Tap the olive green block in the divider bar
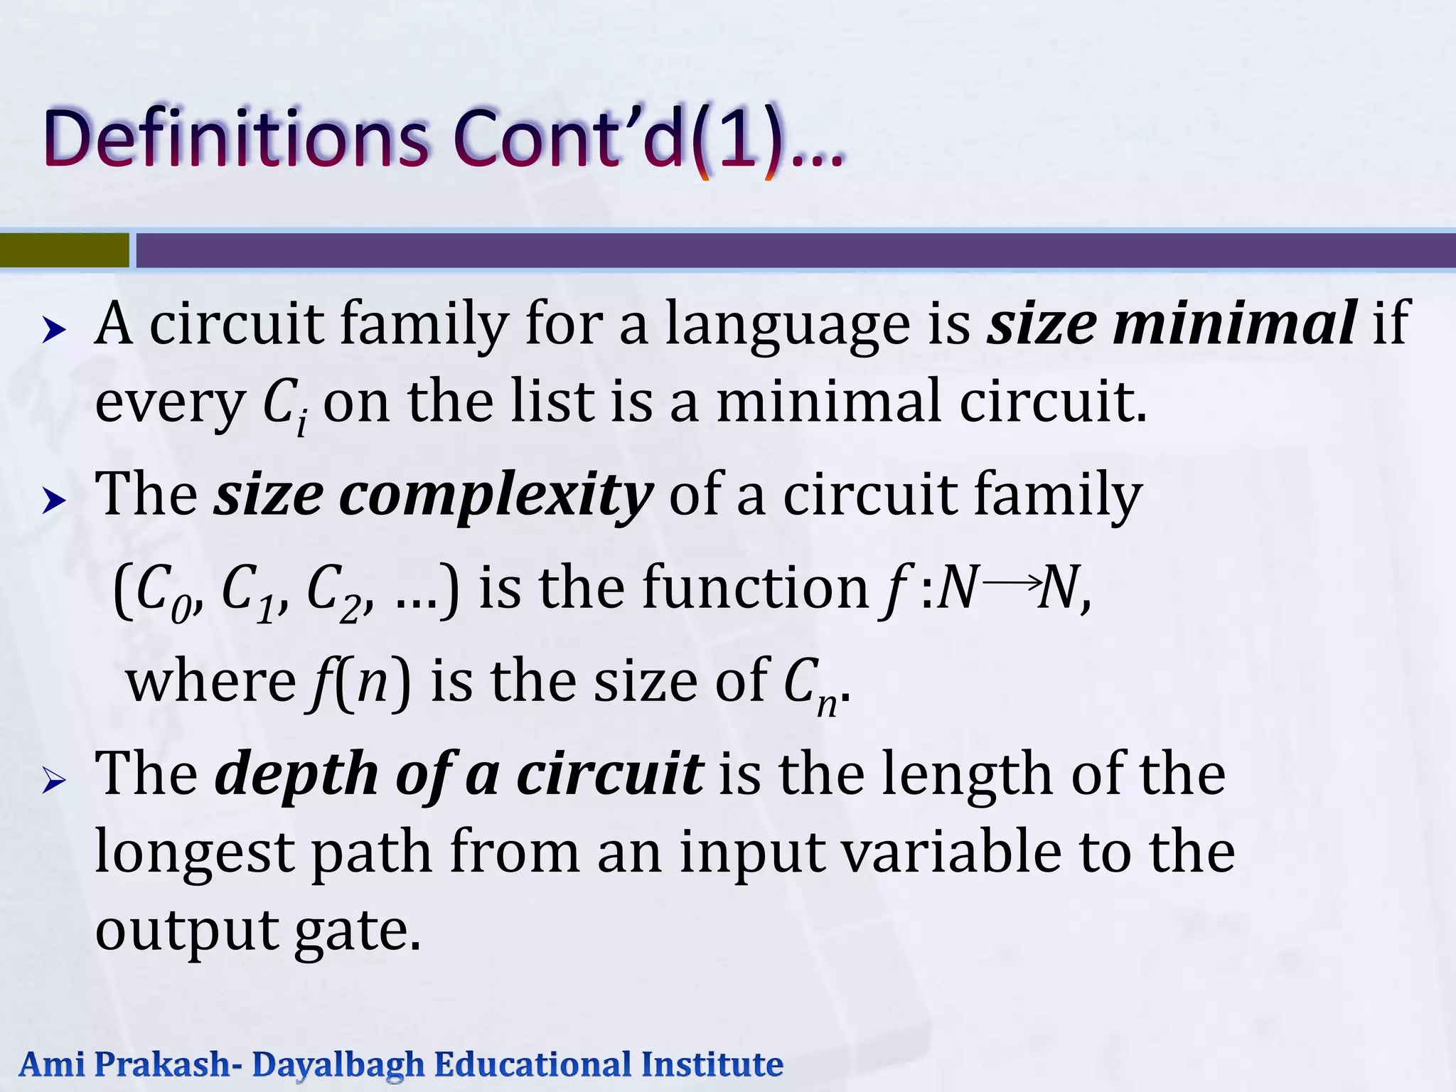(x=65, y=250)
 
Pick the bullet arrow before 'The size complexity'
(x=54, y=501)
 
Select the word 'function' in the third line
(x=754, y=589)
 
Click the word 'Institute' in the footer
(x=712, y=1065)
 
